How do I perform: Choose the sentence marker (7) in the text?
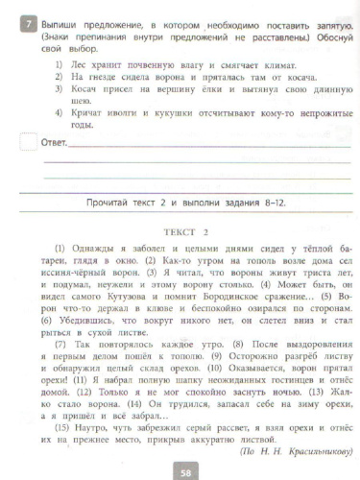61,343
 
